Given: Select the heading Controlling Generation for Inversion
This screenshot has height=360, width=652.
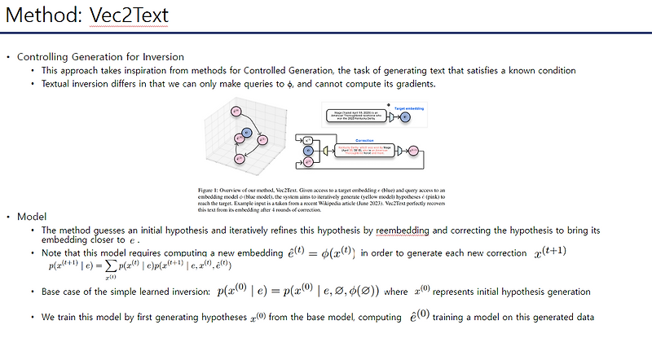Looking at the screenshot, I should (100, 57).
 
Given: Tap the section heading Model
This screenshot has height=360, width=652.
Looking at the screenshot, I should (32, 216).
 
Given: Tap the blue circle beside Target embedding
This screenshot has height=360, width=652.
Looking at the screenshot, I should (405, 117).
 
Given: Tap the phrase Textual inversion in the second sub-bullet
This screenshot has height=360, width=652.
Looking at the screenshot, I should (78, 83).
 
